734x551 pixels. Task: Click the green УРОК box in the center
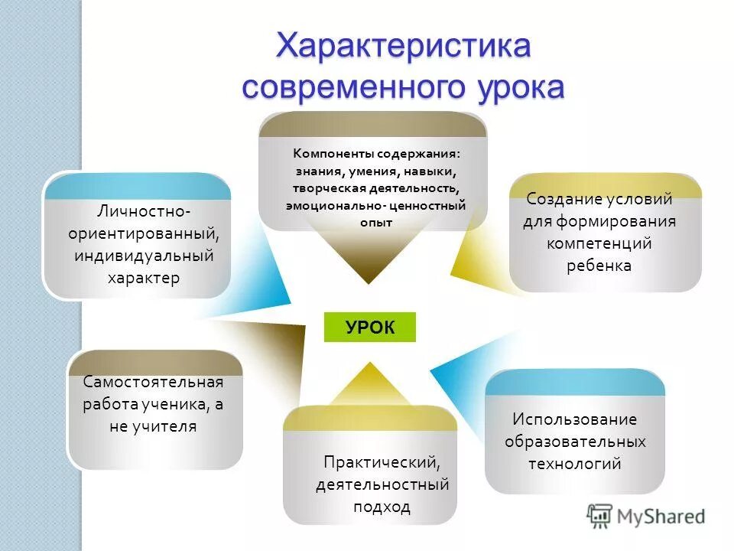[x=370, y=328]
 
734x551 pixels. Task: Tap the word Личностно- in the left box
[x=144, y=209]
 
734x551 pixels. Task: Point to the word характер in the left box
[x=144, y=277]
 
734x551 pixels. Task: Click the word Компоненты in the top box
[x=329, y=152]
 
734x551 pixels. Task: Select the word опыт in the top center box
[x=375, y=222]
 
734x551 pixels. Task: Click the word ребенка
[x=599, y=266]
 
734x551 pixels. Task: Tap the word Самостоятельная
[x=153, y=382]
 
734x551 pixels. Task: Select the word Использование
[x=574, y=419]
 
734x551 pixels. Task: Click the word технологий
[x=574, y=464]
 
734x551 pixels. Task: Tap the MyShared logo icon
[x=600, y=515]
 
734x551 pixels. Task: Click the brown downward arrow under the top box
[x=370, y=256]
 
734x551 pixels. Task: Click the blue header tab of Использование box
[x=574, y=382]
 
